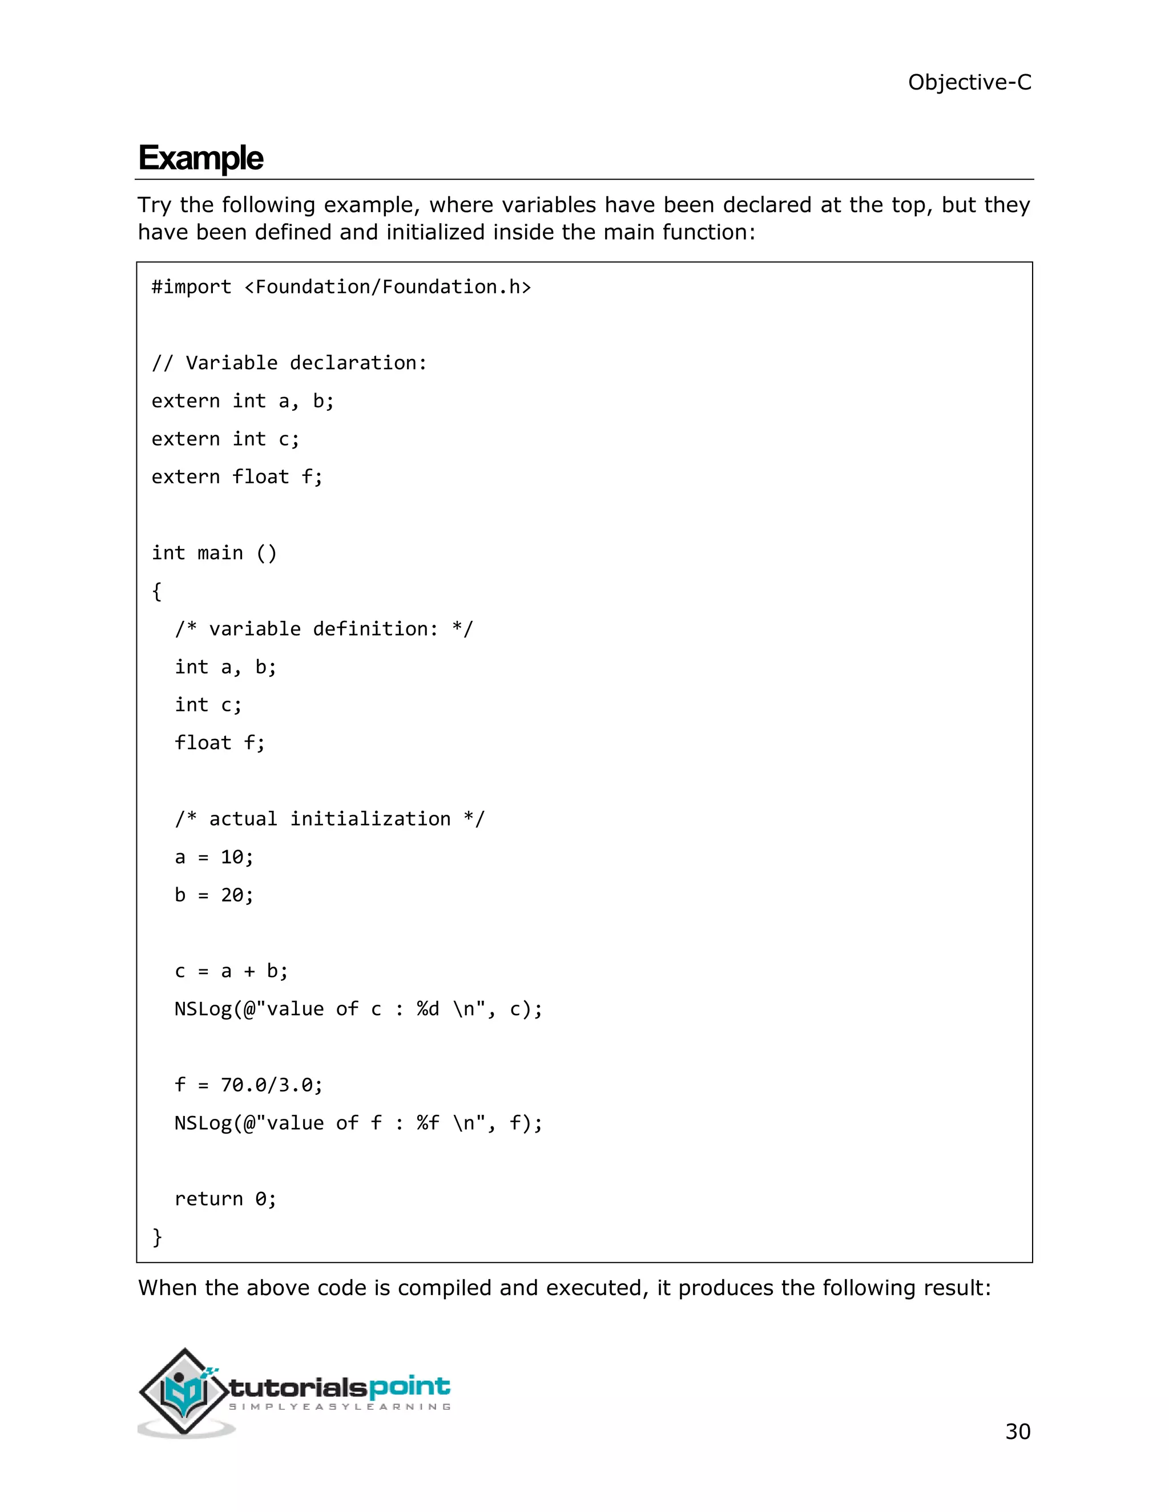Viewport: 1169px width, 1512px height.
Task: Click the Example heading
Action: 201,158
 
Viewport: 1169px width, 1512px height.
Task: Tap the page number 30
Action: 1017,1431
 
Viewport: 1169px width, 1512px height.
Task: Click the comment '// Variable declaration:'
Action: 289,363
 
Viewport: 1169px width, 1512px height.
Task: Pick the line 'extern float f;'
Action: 237,477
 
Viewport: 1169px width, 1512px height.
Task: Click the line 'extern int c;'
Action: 225,439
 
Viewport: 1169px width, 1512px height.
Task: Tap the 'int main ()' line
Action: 214,553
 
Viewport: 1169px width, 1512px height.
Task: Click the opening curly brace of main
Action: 156,591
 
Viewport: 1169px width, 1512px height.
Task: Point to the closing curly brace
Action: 156,1236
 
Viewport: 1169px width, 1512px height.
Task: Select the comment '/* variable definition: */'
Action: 324,629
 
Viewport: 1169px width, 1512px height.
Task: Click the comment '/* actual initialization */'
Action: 330,819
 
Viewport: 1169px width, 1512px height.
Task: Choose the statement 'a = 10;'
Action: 214,857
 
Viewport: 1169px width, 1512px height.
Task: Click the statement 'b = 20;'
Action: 214,895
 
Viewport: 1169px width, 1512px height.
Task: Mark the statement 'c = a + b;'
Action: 231,971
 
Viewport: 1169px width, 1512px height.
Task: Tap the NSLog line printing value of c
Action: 358,1009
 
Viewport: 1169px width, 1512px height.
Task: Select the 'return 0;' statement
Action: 225,1199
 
